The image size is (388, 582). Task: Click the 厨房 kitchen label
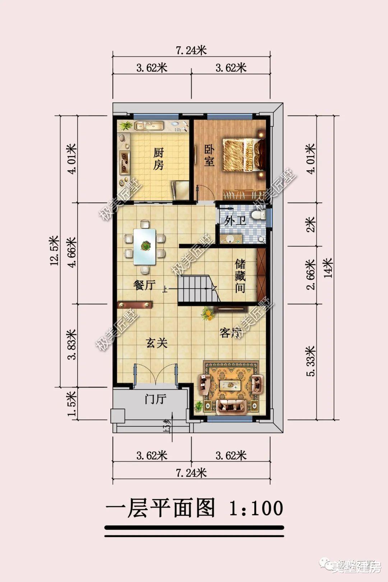pyautogui.click(x=158, y=159)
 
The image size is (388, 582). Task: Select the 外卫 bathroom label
pyautogui.click(x=235, y=220)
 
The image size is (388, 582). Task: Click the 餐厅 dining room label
pyautogui.click(x=144, y=285)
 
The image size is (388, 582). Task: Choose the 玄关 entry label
pyautogui.click(x=157, y=343)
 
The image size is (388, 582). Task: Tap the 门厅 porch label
pyautogui.click(x=155, y=399)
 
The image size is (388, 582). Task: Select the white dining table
pyautogui.click(x=145, y=246)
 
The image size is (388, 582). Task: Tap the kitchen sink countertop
pyautogui.click(x=149, y=126)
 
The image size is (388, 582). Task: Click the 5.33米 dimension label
pyautogui.click(x=310, y=361)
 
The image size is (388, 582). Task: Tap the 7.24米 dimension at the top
pyautogui.click(x=191, y=50)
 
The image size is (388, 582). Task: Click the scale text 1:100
pyautogui.click(x=256, y=508)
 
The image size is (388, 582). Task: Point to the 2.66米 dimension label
pyautogui.click(x=310, y=274)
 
